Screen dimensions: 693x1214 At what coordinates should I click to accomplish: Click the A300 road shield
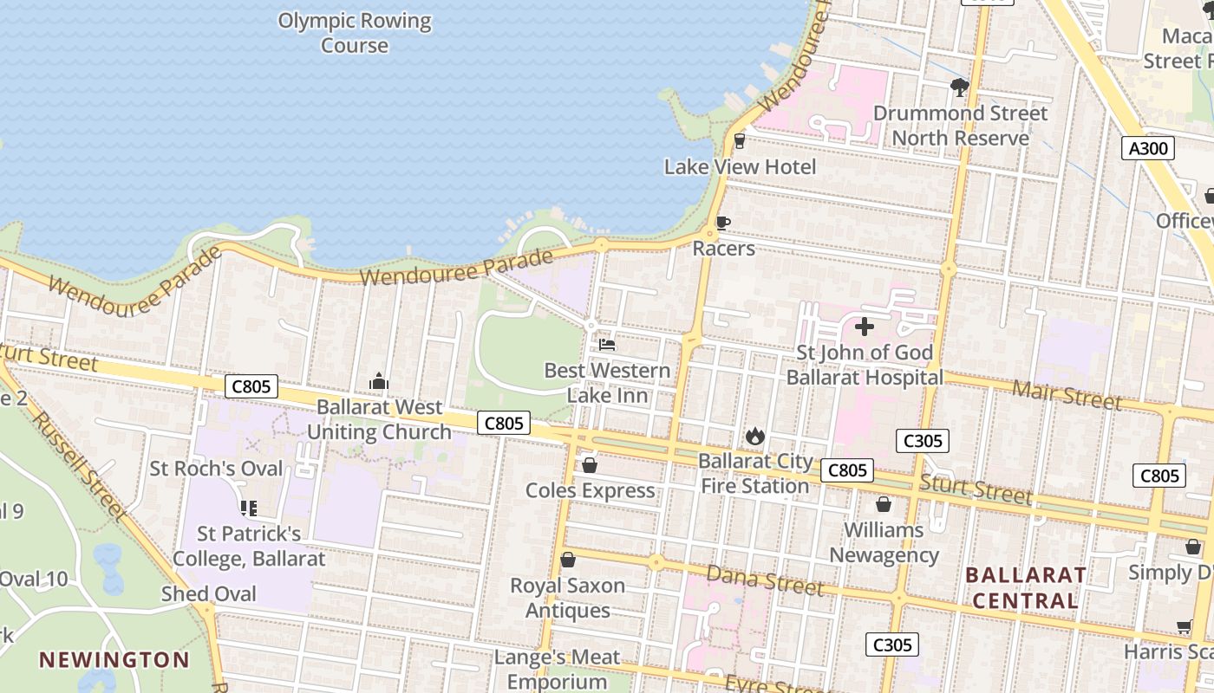pyautogui.click(x=1148, y=148)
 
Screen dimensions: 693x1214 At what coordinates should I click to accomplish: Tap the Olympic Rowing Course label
pyautogui.click(x=355, y=33)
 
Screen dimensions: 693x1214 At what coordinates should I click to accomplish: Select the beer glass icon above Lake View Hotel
pyautogui.click(x=740, y=140)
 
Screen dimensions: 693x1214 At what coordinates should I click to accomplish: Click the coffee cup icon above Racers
pyautogui.click(x=722, y=223)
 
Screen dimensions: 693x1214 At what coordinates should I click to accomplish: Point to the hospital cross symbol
pyautogui.click(x=864, y=327)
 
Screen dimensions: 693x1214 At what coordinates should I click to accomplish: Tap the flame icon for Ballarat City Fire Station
pyautogui.click(x=755, y=436)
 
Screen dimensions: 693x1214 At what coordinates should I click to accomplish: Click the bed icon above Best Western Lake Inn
pyautogui.click(x=607, y=345)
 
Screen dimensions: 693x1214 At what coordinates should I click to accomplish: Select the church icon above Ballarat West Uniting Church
pyautogui.click(x=379, y=381)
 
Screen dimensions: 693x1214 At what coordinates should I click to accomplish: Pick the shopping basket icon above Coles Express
pyautogui.click(x=590, y=465)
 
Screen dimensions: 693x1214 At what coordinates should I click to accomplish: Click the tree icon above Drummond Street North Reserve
pyautogui.click(x=959, y=87)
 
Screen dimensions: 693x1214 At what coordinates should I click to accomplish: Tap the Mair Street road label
pyautogui.click(x=1067, y=395)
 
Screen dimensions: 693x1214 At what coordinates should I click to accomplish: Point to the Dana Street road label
pyautogui.click(x=764, y=580)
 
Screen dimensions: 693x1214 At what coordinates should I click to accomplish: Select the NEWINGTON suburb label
pyautogui.click(x=114, y=659)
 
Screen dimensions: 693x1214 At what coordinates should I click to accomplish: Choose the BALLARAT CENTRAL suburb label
pyautogui.click(x=1026, y=587)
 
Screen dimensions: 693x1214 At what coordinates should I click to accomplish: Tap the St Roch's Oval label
pyautogui.click(x=217, y=469)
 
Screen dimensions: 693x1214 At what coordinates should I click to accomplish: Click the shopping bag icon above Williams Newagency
pyautogui.click(x=884, y=504)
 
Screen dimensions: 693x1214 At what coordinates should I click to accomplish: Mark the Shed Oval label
pyautogui.click(x=209, y=593)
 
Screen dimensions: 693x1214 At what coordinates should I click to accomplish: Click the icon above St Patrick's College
pyautogui.click(x=248, y=508)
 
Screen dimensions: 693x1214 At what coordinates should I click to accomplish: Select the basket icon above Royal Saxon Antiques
pyautogui.click(x=568, y=560)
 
